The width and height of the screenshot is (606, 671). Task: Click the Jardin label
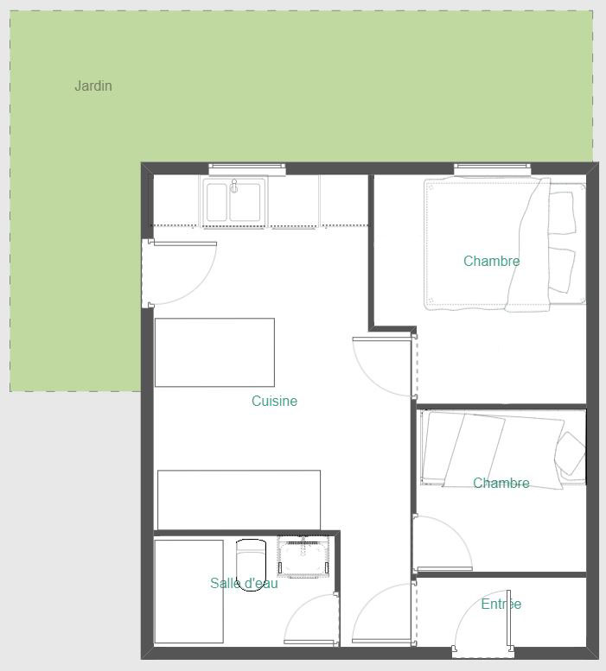click(93, 85)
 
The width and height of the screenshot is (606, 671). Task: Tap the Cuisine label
click(274, 401)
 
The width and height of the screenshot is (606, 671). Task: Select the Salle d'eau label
click(244, 583)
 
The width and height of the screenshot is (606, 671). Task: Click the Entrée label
click(501, 604)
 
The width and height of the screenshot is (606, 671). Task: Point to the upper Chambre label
click(492, 261)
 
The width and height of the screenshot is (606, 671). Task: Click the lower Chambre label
click(501, 483)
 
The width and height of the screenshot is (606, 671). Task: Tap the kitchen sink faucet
click(233, 187)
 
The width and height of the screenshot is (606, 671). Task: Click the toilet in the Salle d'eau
click(251, 565)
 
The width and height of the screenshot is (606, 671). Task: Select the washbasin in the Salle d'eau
click(303, 556)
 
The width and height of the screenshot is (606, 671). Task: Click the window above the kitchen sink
click(247, 168)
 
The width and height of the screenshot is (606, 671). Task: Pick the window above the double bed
click(493, 168)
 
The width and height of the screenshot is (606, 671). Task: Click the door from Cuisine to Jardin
click(180, 274)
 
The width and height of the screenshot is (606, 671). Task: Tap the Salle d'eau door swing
click(311, 618)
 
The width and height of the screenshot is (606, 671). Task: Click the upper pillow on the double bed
click(562, 212)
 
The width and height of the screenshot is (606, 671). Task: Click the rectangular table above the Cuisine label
click(214, 352)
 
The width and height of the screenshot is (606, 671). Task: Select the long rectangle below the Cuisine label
click(239, 500)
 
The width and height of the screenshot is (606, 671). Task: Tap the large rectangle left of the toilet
click(188, 592)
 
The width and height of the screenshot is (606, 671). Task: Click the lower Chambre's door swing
click(443, 543)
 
